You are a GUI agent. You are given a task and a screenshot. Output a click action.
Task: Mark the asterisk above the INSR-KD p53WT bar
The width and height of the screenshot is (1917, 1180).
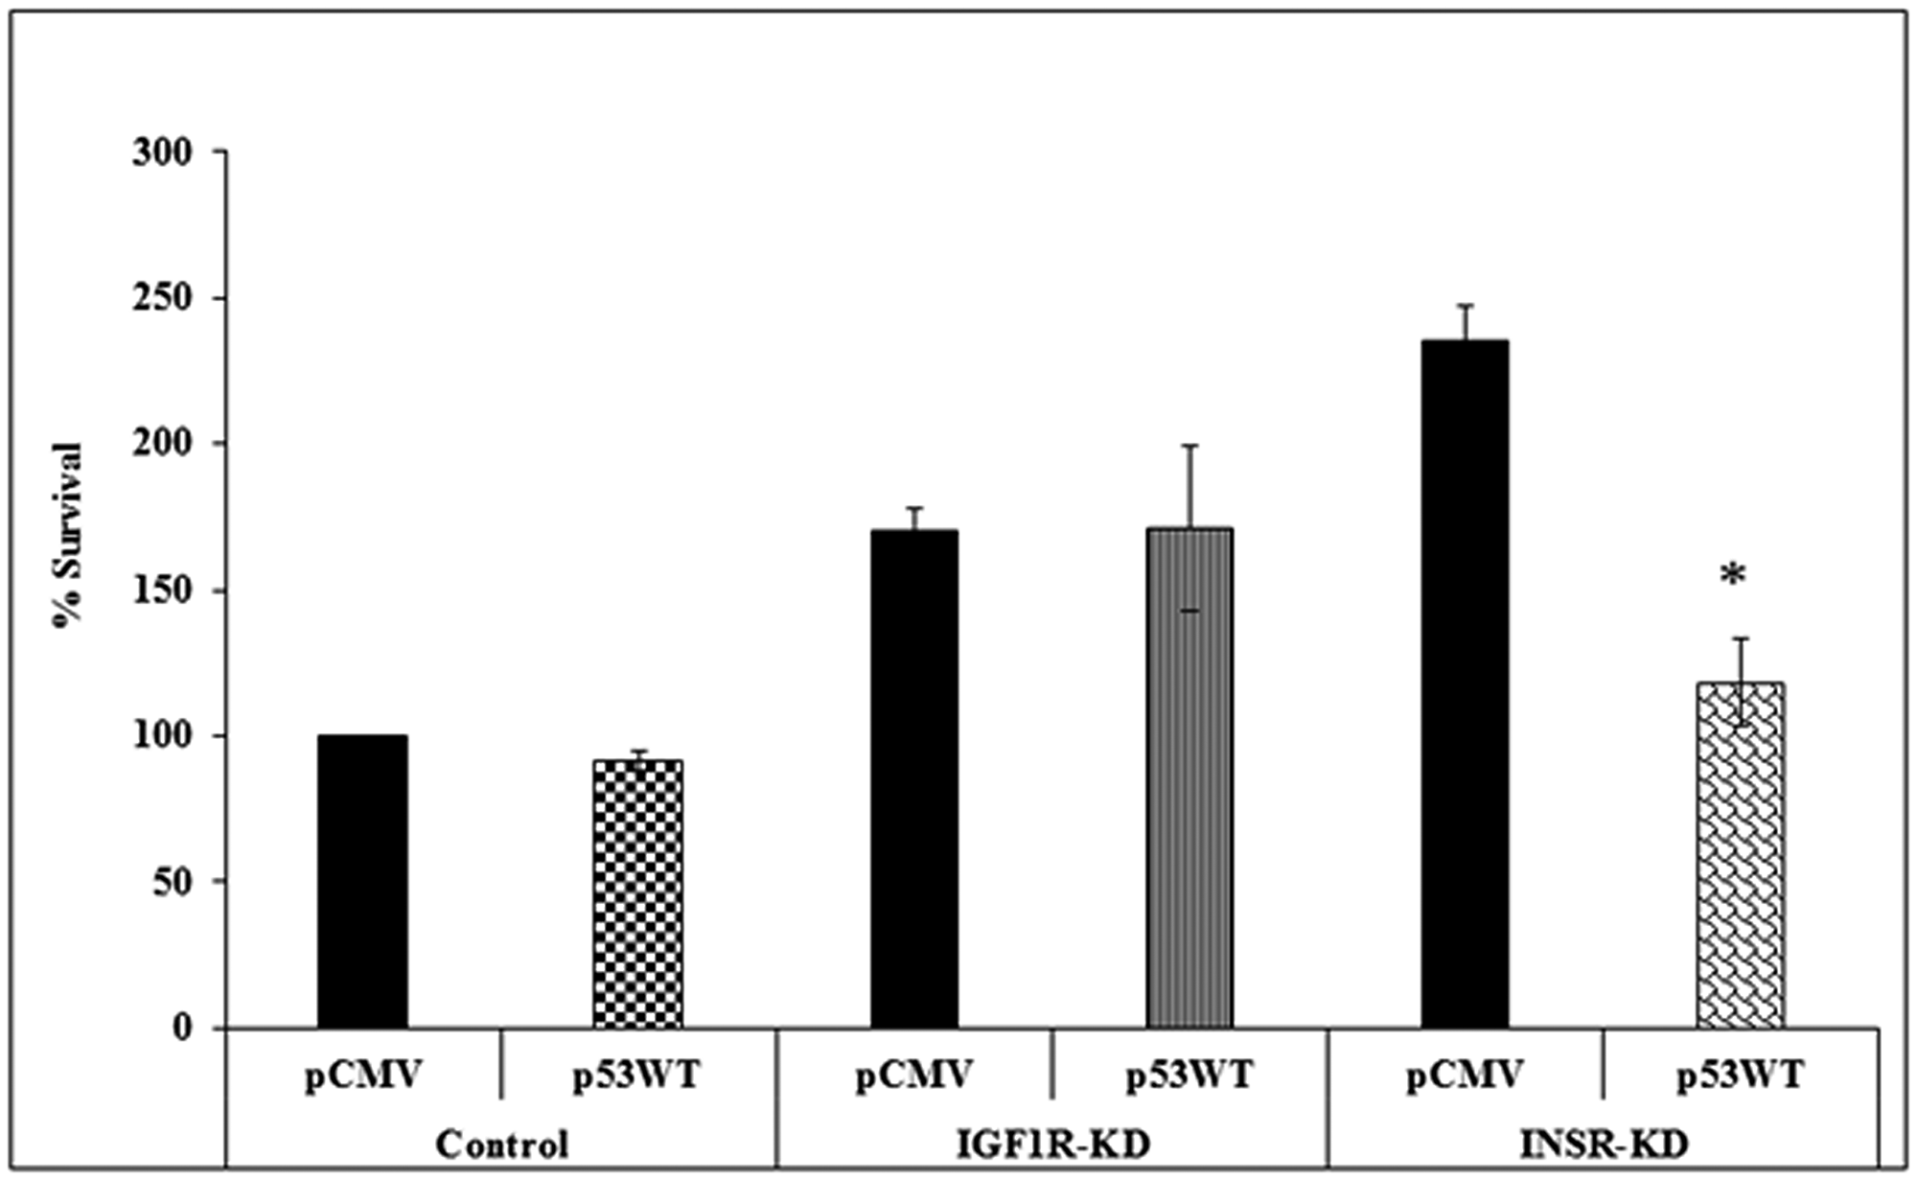(1733, 576)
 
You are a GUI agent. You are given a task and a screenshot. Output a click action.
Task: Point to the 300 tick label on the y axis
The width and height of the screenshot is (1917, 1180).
(162, 152)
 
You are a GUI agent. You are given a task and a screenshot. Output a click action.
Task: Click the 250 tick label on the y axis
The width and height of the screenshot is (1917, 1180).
(162, 299)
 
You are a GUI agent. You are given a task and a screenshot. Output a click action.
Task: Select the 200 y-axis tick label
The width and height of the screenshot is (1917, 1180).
(162, 444)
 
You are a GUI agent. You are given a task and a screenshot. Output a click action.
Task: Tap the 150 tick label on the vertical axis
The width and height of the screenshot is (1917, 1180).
(162, 590)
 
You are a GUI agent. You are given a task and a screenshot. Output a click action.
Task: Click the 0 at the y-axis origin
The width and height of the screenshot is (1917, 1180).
(183, 1028)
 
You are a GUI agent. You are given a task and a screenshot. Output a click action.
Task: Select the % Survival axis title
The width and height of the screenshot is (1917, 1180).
(68, 534)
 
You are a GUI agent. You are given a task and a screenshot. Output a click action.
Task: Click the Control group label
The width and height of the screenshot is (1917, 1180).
(501, 1145)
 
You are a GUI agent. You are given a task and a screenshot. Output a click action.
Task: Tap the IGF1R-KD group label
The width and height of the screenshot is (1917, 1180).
(1052, 1145)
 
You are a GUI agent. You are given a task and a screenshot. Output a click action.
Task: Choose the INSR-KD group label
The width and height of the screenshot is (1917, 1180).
(1604, 1145)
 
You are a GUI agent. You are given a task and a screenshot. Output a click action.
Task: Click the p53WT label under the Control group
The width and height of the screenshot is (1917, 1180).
(637, 1076)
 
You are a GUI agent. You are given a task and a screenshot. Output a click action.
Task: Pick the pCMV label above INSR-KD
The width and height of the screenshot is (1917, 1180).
(1465, 1076)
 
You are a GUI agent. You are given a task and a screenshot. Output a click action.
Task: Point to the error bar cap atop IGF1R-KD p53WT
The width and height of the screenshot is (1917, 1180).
(1189, 446)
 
